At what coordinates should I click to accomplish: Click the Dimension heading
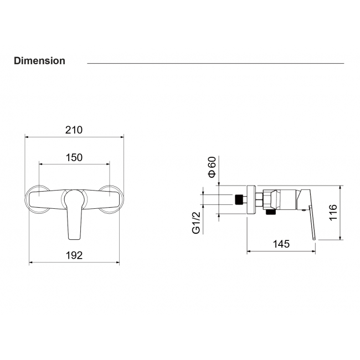pyautogui.click(x=39, y=61)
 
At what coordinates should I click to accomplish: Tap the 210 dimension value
pyautogui.click(x=74, y=130)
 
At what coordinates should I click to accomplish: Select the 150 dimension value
pyautogui.click(x=74, y=158)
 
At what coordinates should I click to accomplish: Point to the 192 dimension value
pyautogui.click(x=74, y=255)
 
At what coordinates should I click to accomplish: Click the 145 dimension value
pyautogui.click(x=281, y=244)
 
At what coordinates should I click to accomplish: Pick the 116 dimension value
pyautogui.click(x=333, y=213)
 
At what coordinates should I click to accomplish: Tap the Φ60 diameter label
pyautogui.click(x=212, y=167)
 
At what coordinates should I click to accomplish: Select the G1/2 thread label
pyautogui.click(x=196, y=223)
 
